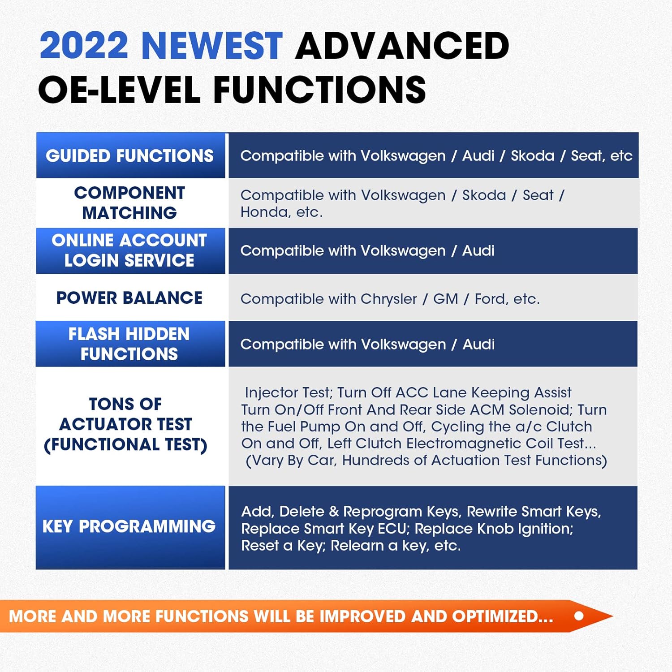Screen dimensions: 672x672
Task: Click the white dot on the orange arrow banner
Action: pos(579,616)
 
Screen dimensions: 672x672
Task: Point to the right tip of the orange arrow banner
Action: pos(613,616)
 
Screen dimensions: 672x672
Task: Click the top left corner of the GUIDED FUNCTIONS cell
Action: pos(36,133)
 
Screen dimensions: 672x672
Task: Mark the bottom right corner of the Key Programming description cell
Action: pos(638,569)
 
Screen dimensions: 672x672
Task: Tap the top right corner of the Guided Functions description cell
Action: pos(638,133)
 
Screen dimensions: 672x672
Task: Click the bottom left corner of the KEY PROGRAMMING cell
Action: pos(36,569)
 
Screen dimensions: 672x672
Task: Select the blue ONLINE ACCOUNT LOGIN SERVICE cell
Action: pos(130,251)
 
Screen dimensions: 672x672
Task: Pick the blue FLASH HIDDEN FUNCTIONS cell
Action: pos(130,344)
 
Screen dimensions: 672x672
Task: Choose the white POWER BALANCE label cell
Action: pos(130,297)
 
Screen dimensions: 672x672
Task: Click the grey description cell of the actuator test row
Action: pos(433,426)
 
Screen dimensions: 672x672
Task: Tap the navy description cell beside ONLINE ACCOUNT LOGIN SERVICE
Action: pos(433,251)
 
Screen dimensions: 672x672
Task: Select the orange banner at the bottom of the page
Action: pos(306,616)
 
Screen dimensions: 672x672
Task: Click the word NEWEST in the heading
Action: pos(212,46)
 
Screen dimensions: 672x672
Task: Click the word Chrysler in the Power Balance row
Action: pos(389,299)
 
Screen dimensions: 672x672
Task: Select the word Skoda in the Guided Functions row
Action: pos(533,155)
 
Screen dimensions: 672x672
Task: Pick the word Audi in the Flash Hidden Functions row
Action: pos(479,344)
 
